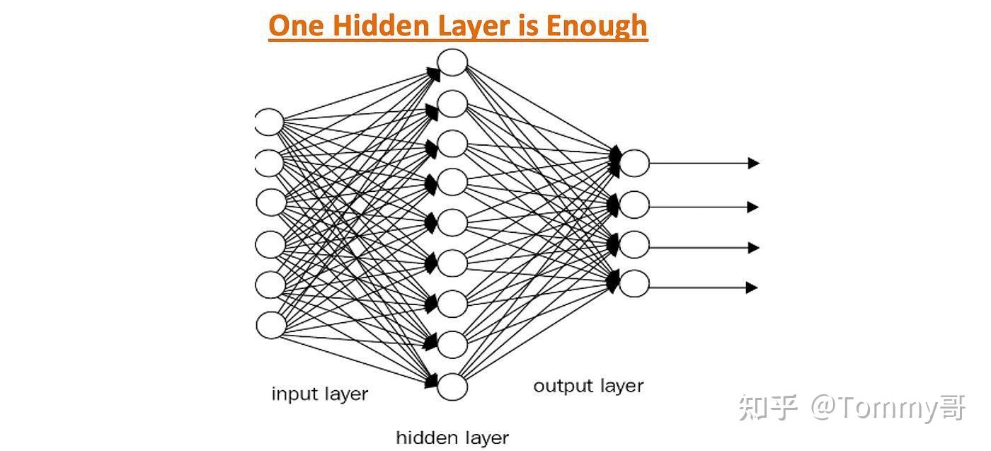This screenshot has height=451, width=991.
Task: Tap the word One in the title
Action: [296, 26]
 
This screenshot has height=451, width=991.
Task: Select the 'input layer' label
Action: [320, 394]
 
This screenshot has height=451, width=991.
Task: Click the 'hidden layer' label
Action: [452, 437]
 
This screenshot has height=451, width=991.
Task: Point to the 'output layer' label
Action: [588, 386]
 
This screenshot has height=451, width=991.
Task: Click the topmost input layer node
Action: [269, 122]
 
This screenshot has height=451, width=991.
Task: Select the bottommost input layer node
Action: [270, 325]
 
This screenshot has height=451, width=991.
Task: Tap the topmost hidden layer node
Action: [452, 62]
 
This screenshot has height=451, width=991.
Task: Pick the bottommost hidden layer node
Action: [452, 387]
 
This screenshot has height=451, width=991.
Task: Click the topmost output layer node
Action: [635, 163]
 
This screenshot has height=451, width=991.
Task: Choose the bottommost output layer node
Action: [635, 283]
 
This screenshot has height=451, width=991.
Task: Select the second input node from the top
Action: [269, 163]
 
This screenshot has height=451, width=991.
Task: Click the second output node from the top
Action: [635, 205]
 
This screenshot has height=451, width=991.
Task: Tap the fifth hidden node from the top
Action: [452, 222]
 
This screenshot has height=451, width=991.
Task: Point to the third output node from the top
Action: [635, 244]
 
